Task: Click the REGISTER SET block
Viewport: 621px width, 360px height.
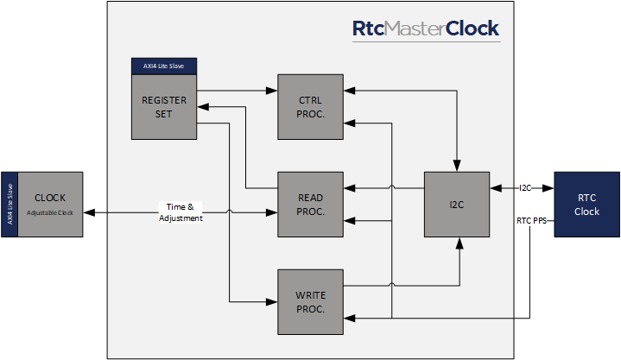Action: (164, 106)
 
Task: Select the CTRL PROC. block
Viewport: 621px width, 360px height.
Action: (311, 106)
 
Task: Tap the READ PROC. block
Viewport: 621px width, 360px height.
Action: (311, 204)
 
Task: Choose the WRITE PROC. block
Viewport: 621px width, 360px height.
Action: (311, 301)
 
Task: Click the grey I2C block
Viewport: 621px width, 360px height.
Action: (456, 204)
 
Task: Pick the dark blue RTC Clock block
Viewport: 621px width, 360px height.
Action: (586, 205)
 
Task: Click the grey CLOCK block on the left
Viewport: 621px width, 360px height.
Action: (50, 204)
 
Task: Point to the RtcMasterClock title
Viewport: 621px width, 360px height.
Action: (425, 28)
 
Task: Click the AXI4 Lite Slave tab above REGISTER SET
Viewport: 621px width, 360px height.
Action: (163, 66)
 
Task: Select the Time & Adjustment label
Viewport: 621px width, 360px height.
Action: (181, 212)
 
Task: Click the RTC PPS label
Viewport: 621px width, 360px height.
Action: (531, 220)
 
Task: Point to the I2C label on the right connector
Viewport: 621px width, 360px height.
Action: (525, 187)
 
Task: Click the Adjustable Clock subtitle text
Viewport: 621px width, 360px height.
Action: (50, 212)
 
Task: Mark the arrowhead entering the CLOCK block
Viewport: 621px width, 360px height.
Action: (88, 212)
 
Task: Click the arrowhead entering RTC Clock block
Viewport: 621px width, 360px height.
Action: (549, 187)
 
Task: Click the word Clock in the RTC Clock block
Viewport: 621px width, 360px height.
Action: (586, 212)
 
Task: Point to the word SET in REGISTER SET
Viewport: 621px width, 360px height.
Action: (164, 113)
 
